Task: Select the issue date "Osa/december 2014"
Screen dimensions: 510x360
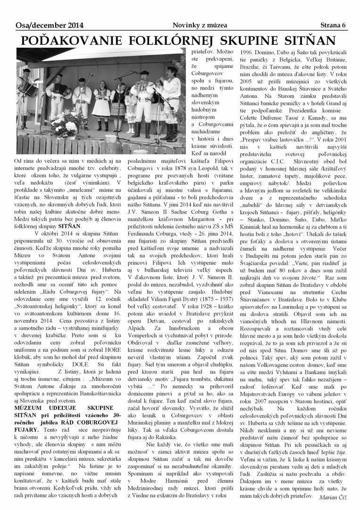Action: pyautogui.click(x=42, y=25)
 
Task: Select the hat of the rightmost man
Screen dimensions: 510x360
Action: pyautogui.click(x=172, y=69)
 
